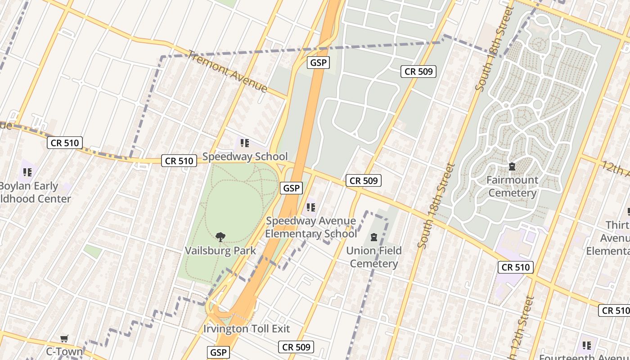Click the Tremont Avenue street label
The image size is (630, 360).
point(228,71)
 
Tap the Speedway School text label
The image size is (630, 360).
point(245,157)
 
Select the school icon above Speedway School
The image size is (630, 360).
point(244,144)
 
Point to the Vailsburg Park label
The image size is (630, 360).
point(220,251)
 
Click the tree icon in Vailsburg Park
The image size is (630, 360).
point(220,237)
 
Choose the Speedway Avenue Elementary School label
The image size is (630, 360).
point(311,227)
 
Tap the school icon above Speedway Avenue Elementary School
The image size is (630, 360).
point(310,207)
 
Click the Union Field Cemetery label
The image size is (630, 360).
point(374,257)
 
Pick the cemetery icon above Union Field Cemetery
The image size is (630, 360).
point(374,237)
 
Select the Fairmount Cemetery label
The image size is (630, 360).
point(512,186)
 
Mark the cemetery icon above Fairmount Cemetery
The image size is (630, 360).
point(512,167)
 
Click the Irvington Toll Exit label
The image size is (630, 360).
point(247,328)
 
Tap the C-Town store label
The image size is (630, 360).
point(64,351)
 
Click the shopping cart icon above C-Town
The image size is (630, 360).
point(64,338)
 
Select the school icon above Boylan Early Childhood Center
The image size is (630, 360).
point(27,172)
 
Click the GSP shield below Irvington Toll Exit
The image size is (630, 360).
point(219,352)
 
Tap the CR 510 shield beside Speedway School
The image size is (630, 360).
point(179,161)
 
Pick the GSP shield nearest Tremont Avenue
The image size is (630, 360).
point(318,63)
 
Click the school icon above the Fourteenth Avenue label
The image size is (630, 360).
point(586,346)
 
